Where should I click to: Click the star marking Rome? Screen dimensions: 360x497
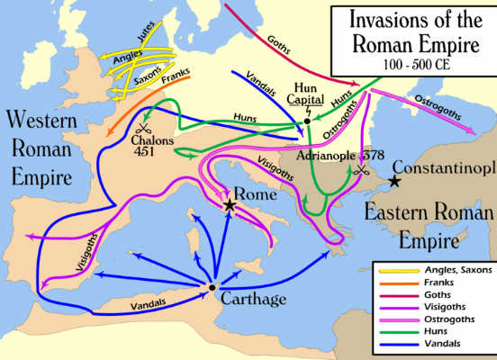click(x=230, y=205)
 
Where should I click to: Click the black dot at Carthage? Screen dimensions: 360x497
click(x=212, y=287)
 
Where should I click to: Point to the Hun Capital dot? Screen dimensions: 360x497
click(x=307, y=120)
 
